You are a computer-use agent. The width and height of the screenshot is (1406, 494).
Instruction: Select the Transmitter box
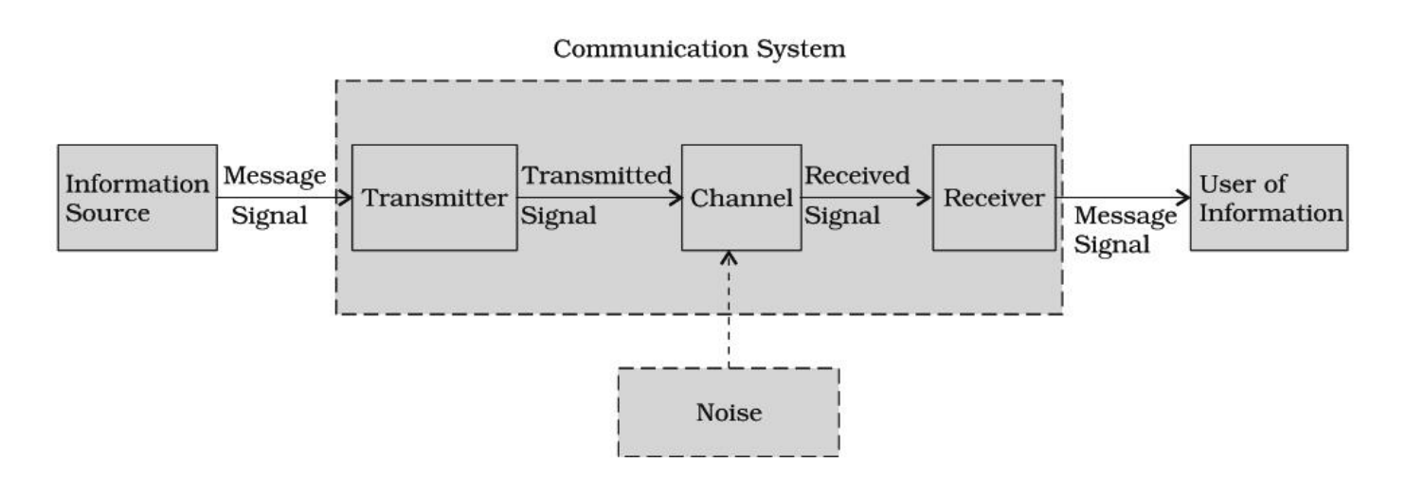[x=434, y=198]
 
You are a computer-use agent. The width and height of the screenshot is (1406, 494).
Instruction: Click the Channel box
[x=741, y=198]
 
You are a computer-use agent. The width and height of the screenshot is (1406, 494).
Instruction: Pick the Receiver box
[x=993, y=198]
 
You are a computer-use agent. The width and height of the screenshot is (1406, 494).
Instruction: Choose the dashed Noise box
[x=728, y=413]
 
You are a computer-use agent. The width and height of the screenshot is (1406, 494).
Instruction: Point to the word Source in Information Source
[x=107, y=213]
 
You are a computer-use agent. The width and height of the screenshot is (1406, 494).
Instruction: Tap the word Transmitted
[x=597, y=175]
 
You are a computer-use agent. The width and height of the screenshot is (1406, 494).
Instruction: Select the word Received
[x=856, y=175]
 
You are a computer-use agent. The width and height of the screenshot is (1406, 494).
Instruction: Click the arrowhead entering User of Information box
[x=1182, y=198]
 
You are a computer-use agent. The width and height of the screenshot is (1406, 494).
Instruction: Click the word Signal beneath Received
[x=841, y=216]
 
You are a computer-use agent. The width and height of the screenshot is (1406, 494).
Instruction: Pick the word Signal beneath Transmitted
[x=559, y=216]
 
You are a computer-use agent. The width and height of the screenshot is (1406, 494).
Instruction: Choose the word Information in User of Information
[x=1271, y=213]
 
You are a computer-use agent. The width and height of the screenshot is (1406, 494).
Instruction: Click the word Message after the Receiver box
[x=1126, y=216]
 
